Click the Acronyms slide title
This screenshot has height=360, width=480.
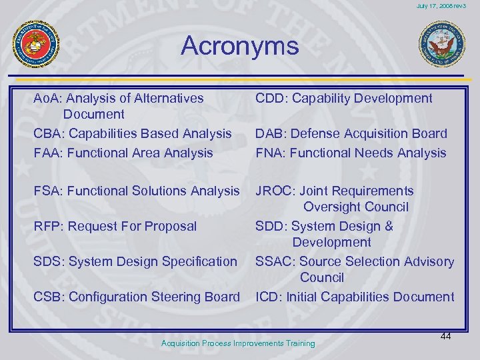pos(239,46)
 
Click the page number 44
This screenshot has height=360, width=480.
pos(446,337)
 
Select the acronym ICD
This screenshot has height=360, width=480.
pos(267,297)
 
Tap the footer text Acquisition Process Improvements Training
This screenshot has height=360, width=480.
pos(238,343)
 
